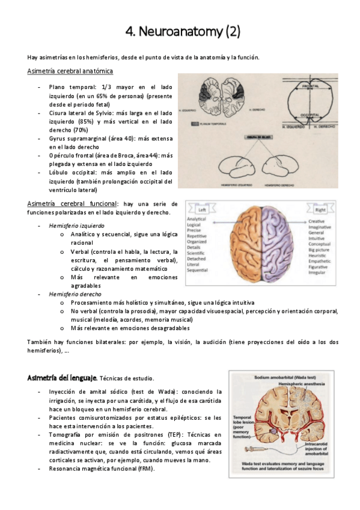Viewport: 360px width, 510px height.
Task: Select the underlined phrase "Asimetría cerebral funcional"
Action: click(72, 204)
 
